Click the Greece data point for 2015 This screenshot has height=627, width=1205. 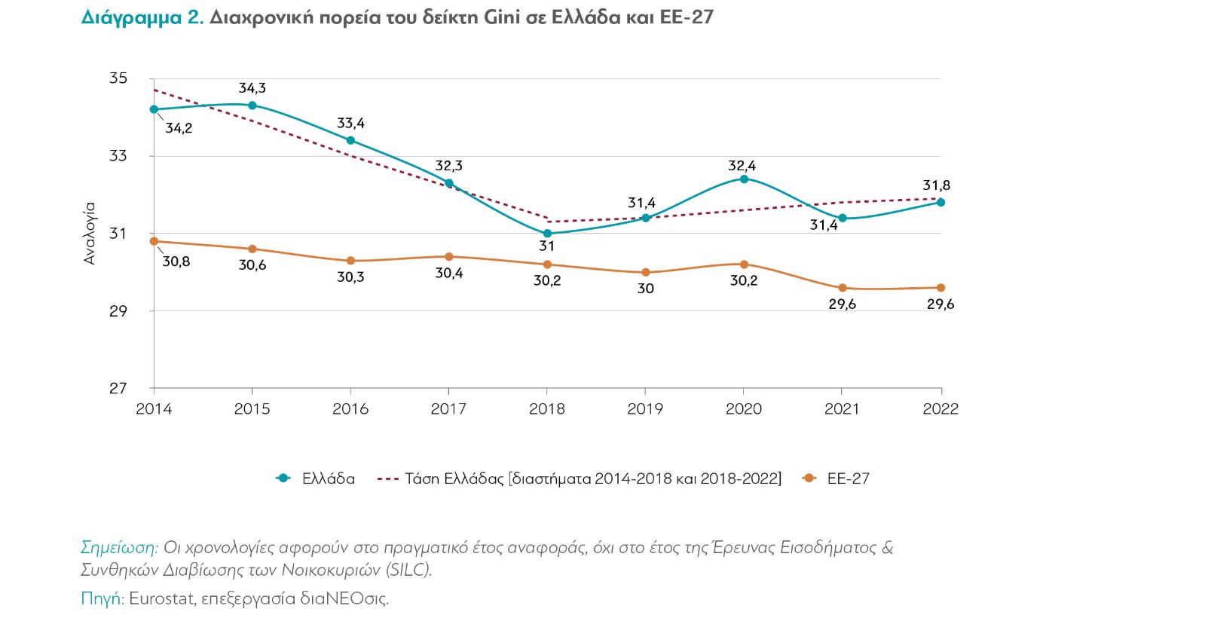click(x=252, y=106)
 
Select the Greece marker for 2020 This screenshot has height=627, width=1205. click(x=744, y=179)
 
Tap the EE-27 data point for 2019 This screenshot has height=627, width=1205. click(x=646, y=273)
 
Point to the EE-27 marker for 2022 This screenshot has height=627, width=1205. click(x=940, y=288)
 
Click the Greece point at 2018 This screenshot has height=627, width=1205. click(x=547, y=234)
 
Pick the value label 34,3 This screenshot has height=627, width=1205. click(x=252, y=88)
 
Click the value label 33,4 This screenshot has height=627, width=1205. click(x=350, y=123)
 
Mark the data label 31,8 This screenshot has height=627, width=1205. click(x=936, y=185)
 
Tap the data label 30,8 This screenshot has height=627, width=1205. click(x=176, y=262)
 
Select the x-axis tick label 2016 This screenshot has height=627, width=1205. click(x=350, y=408)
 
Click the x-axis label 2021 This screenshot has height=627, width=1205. click(x=842, y=408)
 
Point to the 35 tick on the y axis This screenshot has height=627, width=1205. click(x=118, y=78)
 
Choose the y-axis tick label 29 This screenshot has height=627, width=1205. click(x=118, y=310)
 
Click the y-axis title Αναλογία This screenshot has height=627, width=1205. click(x=90, y=233)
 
